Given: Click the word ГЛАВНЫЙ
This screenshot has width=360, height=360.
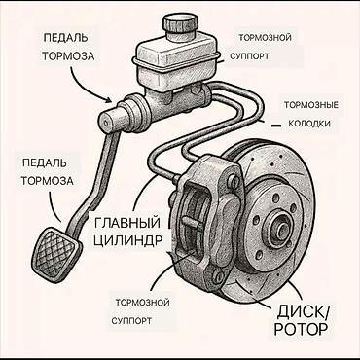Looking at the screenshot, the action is point(127,223).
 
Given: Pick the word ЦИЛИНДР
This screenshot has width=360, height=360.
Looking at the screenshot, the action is point(127,241).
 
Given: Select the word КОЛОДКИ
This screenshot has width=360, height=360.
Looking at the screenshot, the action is point(309,124).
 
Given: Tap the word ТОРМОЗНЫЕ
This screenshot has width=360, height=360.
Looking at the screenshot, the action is point(311,105).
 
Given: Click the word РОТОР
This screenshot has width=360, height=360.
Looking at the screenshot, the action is point(301,329).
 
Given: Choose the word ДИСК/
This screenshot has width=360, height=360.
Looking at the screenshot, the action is point(303,312).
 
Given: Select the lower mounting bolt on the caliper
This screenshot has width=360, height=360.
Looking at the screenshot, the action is point(220,276).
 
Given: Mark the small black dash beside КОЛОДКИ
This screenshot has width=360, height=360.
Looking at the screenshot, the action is point(275,126).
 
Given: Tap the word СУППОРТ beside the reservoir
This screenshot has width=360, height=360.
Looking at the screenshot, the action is point(249,56).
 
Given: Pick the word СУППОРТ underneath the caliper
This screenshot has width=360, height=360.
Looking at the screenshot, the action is point(131,321).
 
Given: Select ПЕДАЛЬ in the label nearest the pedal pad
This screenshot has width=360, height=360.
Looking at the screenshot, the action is point(44,162).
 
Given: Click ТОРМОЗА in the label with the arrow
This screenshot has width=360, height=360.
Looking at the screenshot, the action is point(68,56).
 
